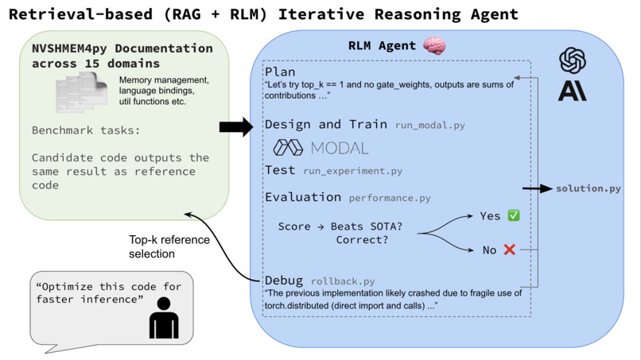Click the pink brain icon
435,46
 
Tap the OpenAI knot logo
572,60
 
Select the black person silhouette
164,317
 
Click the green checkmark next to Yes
513,215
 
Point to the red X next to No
510,250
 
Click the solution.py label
588,188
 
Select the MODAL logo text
320,148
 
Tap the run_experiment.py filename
352,171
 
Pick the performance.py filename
390,197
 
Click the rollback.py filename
342,281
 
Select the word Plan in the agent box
280,72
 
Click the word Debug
284,281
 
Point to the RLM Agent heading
382,47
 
